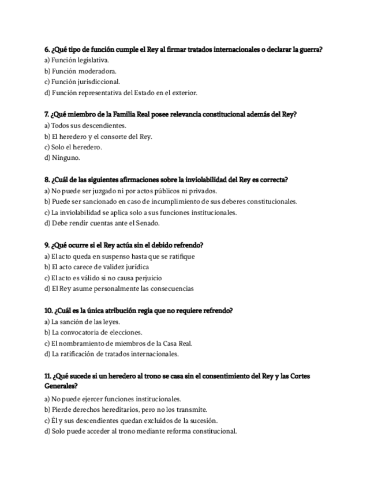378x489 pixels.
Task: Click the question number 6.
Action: click(x=47, y=50)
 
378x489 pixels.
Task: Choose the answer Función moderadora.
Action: click(x=84, y=71)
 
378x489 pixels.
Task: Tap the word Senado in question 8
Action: click(x=147, y=223)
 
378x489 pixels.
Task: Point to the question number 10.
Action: click(x=48, y=310)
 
